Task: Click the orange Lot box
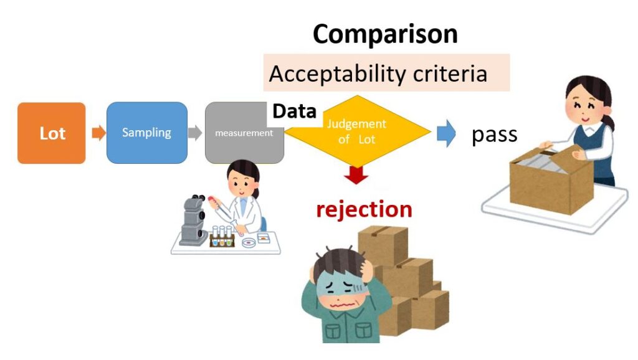pyautogui.click(x=52, y=133)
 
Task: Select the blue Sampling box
pyautogui.click(x=147, y=133)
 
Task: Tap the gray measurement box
pyautogui.click(x=244, y=133)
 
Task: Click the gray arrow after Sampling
pyautogui.click(x=196, y=133)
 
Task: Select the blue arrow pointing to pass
pyautogui.click(x=446, y=133)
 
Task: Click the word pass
pyautogui.click(x=494, y=135)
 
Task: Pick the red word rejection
pyautogui.click(x=364, y=209)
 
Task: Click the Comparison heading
pyautogui.click(x=385, y=34)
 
